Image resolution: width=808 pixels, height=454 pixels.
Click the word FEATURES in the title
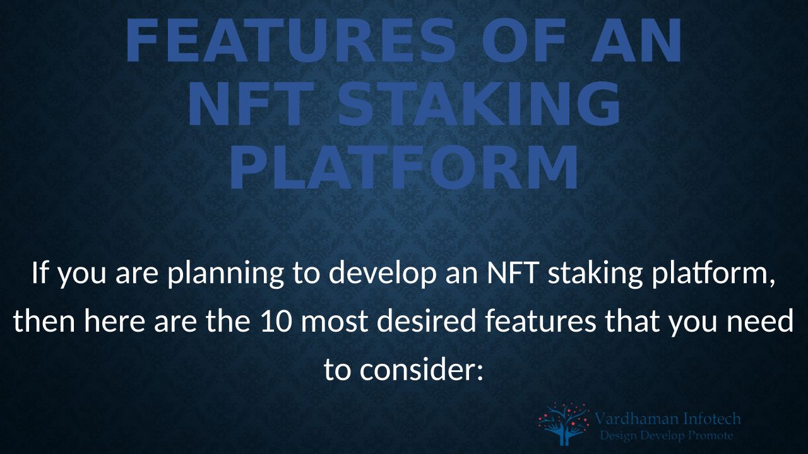292,40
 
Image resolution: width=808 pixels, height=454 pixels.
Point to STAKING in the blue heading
479,104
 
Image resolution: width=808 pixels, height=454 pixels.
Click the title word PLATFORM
405,167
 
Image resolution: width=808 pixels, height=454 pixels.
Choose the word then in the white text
44,321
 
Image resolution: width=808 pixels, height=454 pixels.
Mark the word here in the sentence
114,321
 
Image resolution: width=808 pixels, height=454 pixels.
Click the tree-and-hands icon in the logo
564,424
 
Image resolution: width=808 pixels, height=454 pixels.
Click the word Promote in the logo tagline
711,436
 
